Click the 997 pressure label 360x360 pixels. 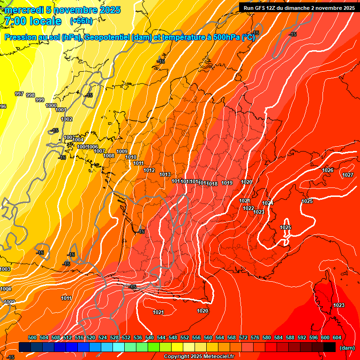pyautogui.click(x=19, y=94)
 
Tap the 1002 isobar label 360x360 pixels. pyautogui.click(x=67, y=120)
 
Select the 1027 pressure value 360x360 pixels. pyautogui.click(x=348, y=175)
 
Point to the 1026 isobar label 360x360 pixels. pyautogui.click(x=328, y=170)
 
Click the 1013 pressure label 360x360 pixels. pyautogui.click(x=165, y=175)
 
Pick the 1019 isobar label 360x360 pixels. pyautogui.click(x=227, y=183)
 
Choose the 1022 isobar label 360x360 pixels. pyautogui.click(x=248, y=209)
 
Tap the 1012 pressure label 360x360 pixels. pyautogui.click(x=150, y=171)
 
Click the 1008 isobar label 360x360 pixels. pyautogui.click(x=109, y=156)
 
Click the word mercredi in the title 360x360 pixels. pyautogui.click(x=24, y=10)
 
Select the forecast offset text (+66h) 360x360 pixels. pyautogui.click(x=81, y=21)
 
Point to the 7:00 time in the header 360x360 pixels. pyautogui.click(x=15, y=21)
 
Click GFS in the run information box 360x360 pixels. pyautogui.click(x=262, y=8)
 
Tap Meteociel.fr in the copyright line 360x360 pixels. pyautogui.click(x=217, y=357)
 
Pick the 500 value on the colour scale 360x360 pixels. pyautogui.click(x=32, y=337)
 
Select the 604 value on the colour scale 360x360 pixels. pyautogui.click(x=337, y=337)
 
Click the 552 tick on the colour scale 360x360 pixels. pyautogui.click(x=185, y=337)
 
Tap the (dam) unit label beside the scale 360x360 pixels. pyautogui.click(x=347, y=348)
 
